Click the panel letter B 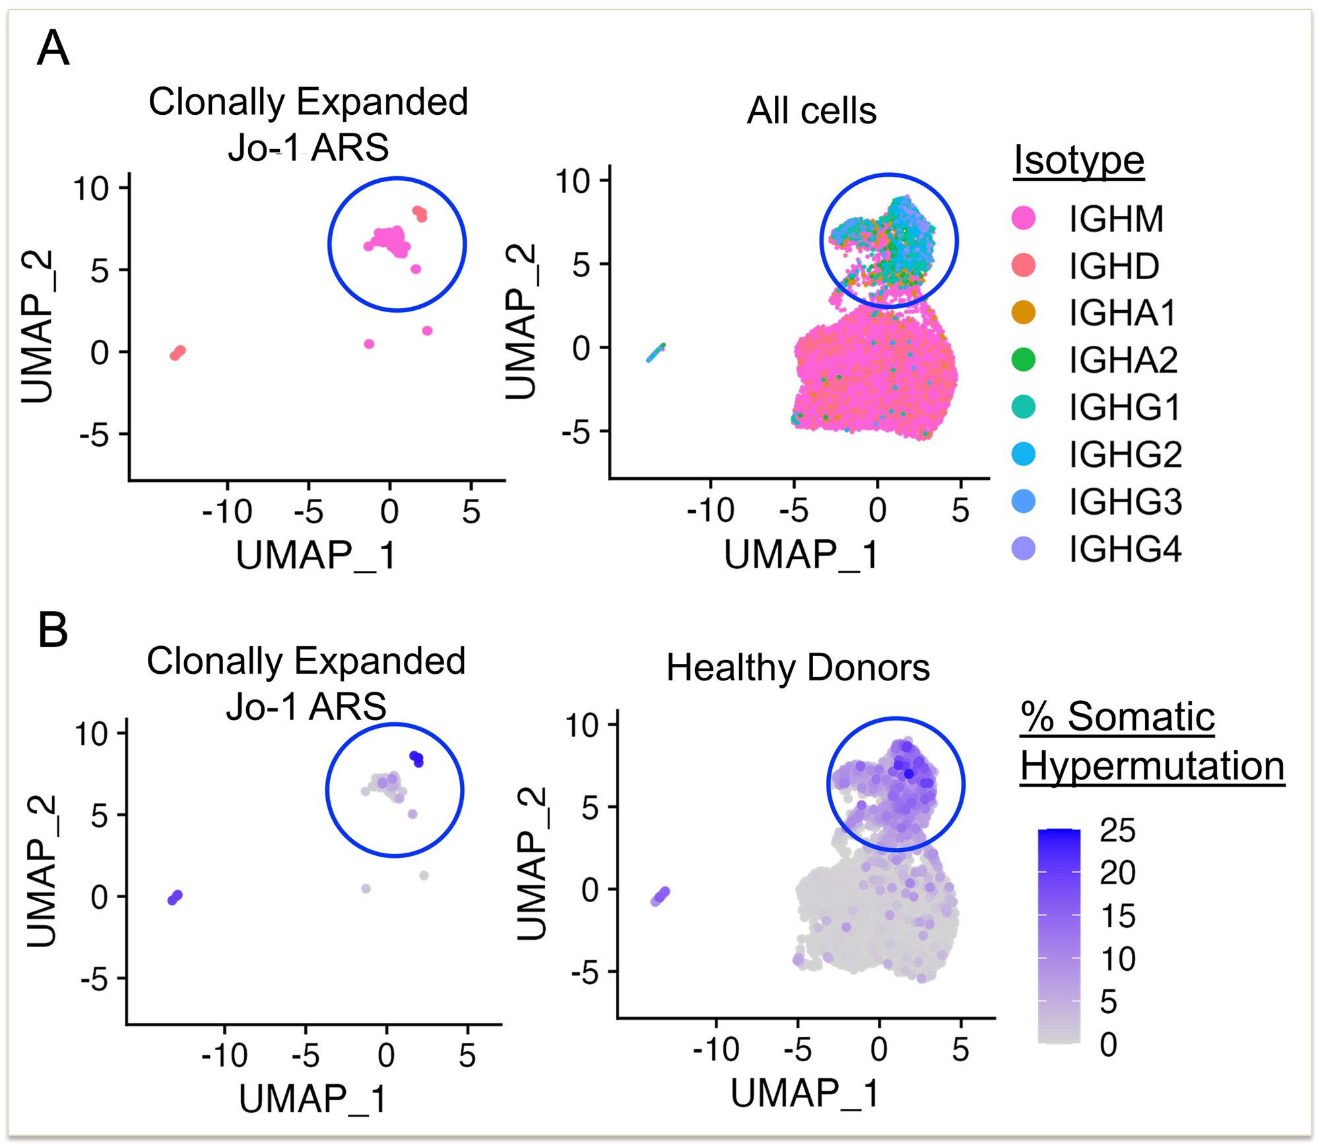(x=53, y=630)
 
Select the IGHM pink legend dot (x=1024, y=218)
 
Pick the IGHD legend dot (x=1024, y=265)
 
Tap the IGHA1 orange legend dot (x=1024, y=312)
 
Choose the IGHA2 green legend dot (x=1024, y=360)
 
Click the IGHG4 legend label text (x=1125, y=549)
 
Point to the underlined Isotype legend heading (x=1078, y=160)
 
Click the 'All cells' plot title (x=811, y=110)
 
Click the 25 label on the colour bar (x=1117, y=830)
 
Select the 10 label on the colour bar (x=1117, y=959)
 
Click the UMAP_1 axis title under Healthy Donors (x=805, y=1093)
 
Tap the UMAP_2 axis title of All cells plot (x=521, y=321)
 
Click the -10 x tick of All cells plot (x=710, y=510)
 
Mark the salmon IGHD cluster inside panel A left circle (x=420, y=213)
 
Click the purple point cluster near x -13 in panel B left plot (x=175, y=898)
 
